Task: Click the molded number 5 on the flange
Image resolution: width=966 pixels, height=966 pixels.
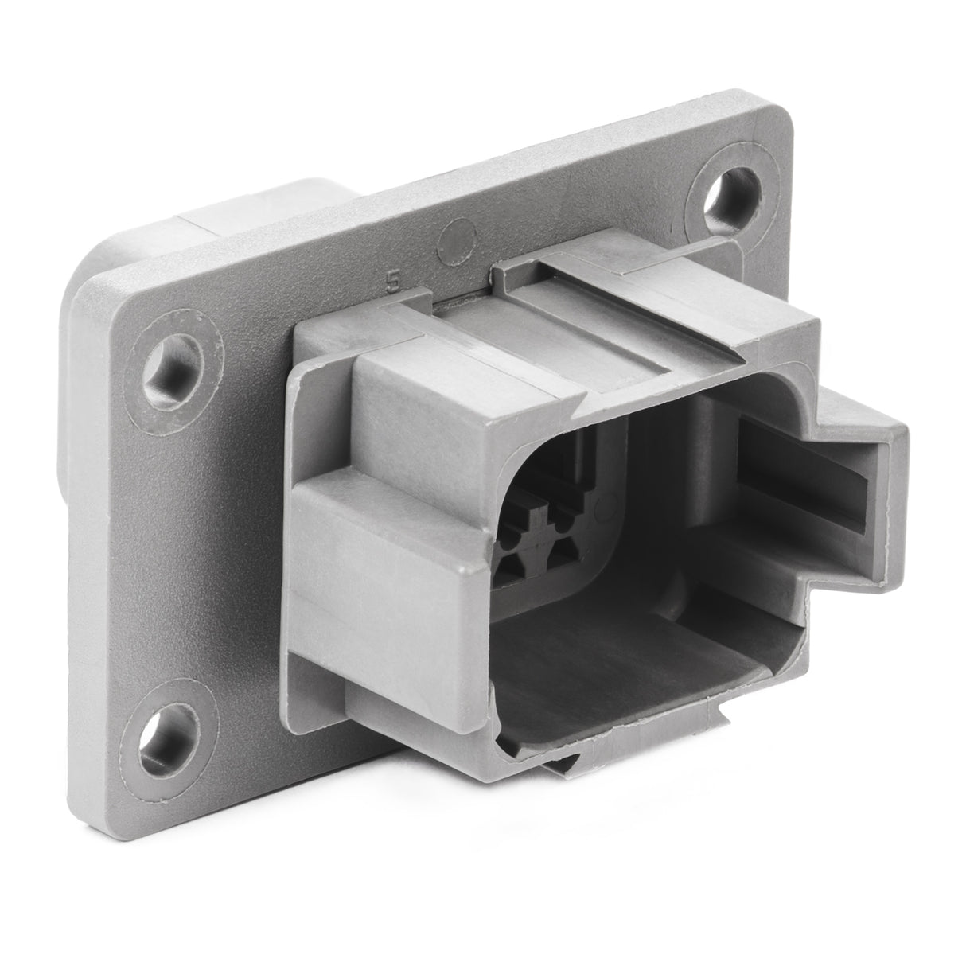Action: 391,281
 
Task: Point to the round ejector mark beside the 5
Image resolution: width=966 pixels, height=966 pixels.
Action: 458,235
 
